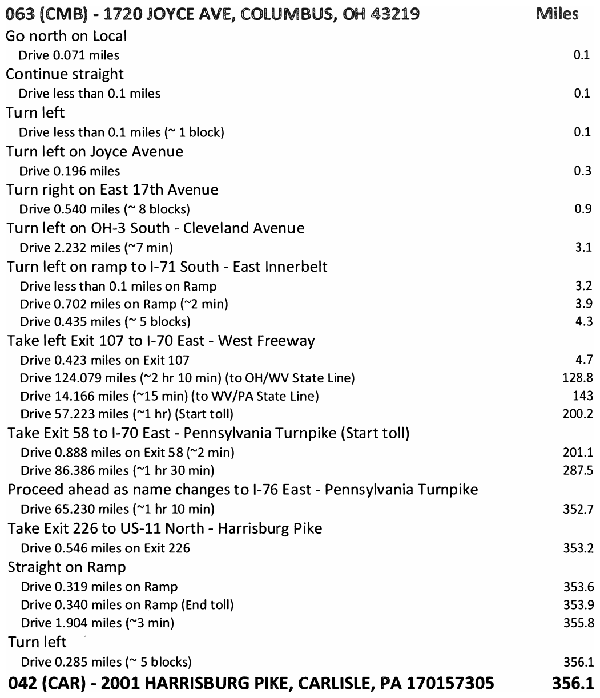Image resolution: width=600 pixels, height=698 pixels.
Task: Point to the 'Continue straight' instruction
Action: tap(65, 75)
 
